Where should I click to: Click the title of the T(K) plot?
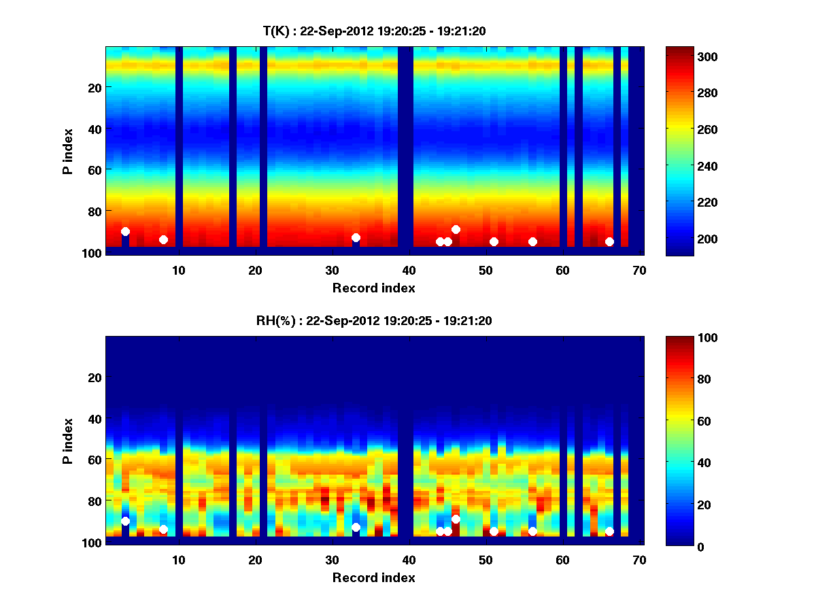click(x=374, y=31)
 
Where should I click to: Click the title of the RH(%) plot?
click(x=374, y=320)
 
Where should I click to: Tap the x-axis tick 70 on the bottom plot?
click(x=640, y=560)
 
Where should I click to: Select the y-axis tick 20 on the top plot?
click(x=95, y=88)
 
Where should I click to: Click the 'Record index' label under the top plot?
click(x=374, y=288)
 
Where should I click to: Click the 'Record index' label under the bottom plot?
click(x=374, y=577)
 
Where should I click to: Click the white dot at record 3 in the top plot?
click(x=125, y=231)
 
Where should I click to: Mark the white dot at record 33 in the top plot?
click(x=356, y=237)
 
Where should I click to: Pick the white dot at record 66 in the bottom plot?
click(x=609, y=531)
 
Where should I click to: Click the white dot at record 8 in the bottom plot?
click(x=163, y=529)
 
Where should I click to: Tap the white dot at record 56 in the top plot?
click(x=532, y=241)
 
